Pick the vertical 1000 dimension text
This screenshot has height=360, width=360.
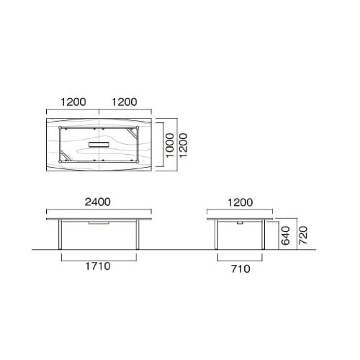point(168,145)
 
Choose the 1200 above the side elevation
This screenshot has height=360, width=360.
point(241,203)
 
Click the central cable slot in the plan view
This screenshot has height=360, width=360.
point(99,145)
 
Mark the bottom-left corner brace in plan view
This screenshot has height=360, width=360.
point(65,157)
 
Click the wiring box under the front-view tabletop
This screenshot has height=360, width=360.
point(94,225)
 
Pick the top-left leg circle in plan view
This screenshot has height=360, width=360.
point(60,128)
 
